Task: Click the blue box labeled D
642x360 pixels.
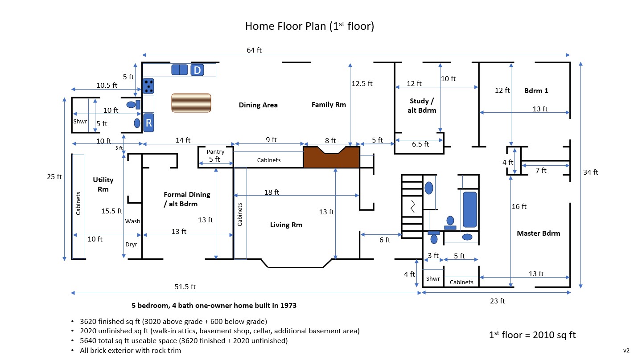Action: [x=197, y=70]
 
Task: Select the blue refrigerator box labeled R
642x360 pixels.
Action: [x=148, y=123]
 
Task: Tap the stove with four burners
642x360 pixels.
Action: [x=148, y=86]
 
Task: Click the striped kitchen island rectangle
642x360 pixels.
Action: [x=191, y=102]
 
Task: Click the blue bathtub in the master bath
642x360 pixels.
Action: [x=469, y=209]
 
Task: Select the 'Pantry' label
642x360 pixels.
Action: [x=215, y=152]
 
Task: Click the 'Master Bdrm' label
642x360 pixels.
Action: [x=538, y=233]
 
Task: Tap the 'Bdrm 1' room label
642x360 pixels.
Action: [x=536, y=90]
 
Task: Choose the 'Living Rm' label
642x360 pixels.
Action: [x=286, y=225]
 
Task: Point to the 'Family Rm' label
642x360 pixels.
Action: [x=329, y=105]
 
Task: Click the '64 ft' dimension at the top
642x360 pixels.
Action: [x=254, y=50]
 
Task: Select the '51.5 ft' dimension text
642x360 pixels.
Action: [x=185, y=286]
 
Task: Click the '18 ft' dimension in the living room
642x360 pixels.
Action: [x=272, y=192]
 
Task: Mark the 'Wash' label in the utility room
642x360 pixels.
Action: [x=132, y=221]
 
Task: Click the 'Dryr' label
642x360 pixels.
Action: [x=131, y=244]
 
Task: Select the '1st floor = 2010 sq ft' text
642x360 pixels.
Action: [x=532, y=335]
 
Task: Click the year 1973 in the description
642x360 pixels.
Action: [x=287, y=306]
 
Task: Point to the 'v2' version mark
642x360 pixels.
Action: [x=626, y=350]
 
